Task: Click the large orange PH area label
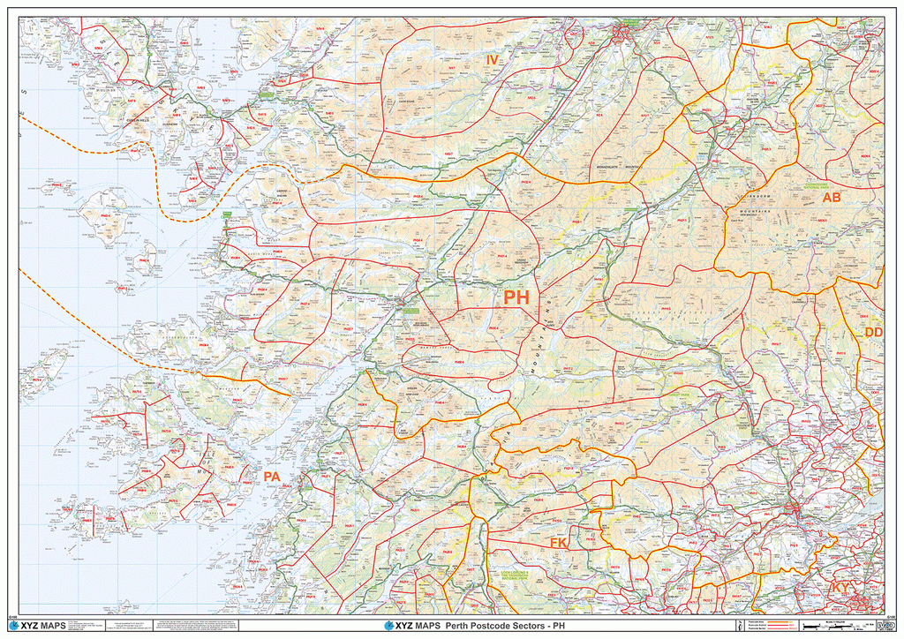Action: pos(516,297)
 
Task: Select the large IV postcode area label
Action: pos(493,59)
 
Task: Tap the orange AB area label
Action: pos(832,198)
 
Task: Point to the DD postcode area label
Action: pos(873,332)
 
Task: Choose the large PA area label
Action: pos(272,477)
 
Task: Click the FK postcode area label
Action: pos(558,542)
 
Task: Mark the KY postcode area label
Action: pos(840,587)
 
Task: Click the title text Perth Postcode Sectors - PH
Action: pos(499,626)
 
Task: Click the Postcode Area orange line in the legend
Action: pos(781,621)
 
